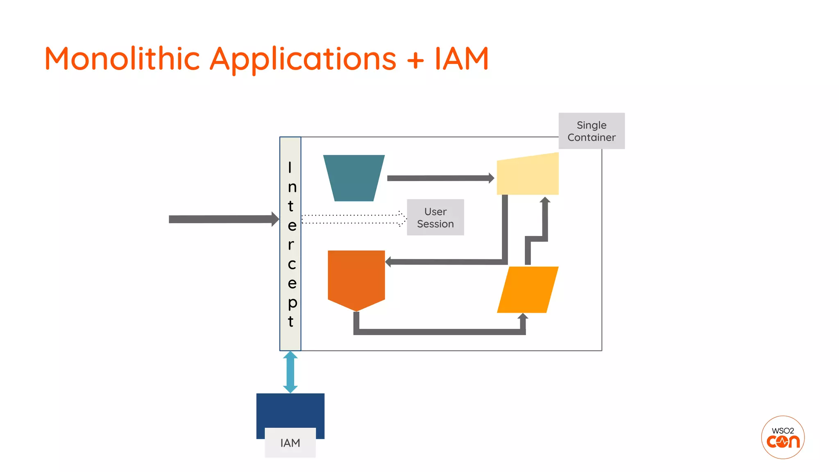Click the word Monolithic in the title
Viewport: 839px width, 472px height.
point(122,59)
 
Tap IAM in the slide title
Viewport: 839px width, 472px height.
point(462,59)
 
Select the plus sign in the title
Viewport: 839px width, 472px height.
point(415,60)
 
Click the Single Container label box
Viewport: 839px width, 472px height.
point(592,131)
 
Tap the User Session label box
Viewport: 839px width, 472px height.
point(435,218)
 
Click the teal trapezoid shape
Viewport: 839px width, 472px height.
point(354,177)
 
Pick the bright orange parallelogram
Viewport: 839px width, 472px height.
point(528,290)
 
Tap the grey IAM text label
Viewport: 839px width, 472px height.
point(290,443)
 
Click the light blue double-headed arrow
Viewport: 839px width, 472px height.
point(290,372)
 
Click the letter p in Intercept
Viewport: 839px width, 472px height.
point(292,303)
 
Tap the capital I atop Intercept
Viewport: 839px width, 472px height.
point(290,168)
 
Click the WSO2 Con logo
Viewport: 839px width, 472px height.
point(782,438)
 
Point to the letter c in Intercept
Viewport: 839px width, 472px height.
point(291,264)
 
